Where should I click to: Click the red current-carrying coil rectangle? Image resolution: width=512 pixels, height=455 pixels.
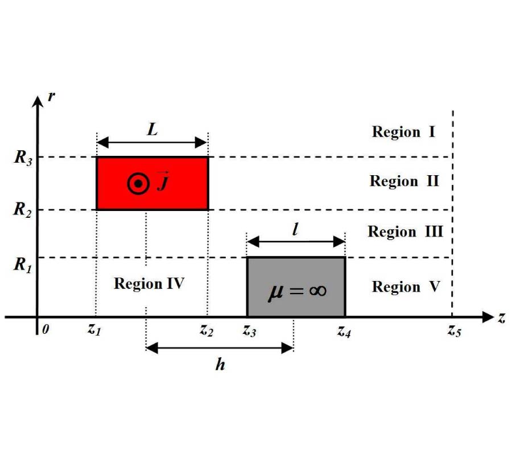point(152,184)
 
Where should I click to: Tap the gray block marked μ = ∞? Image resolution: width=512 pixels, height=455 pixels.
point(296,287)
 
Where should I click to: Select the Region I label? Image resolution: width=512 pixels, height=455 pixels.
point(403,132)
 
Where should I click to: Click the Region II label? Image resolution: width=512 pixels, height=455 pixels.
point(404,181)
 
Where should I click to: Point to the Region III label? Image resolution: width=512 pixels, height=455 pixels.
point(405,231)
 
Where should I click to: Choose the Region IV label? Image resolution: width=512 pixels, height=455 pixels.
point(149,284)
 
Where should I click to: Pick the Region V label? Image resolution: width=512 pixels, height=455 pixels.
point(406,287)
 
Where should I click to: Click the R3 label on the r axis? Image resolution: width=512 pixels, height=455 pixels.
point(23,158)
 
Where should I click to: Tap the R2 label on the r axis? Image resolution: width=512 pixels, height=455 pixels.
point(23,209)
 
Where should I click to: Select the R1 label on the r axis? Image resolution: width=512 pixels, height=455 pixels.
point(23,264)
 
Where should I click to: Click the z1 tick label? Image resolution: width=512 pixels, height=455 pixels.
point(94,329)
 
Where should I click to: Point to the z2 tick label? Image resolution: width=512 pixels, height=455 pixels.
point(207,330)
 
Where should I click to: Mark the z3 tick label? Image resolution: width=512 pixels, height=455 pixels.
point(249,331)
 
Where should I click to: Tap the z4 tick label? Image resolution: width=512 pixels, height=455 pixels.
point(344,332)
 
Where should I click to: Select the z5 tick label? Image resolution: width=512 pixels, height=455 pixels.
point(454,330)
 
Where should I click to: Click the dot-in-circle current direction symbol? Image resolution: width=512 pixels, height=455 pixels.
point(138,184)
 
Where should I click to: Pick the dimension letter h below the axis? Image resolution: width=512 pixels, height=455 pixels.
point(220,364)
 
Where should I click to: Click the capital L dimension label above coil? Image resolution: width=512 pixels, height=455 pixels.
point(152,129)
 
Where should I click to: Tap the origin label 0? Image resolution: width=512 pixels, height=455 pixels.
point(46,329)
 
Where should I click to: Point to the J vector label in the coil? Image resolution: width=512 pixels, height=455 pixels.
point(163,181)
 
